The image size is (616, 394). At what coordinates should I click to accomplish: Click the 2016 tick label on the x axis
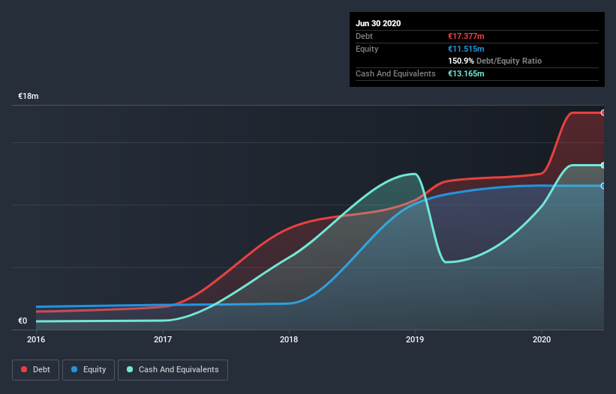click(x=36, y=339)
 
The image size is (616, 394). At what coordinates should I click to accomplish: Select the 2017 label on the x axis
click(x=163, y=339)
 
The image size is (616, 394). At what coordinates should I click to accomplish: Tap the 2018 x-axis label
click(x=289, y=339)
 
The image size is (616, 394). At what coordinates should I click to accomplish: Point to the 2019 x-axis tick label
click(x=415, y=339)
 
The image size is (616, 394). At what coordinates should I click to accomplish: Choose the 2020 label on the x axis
click(x=542, y=339)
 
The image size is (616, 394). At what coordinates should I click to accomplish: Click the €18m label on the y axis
click(x=29, y=97)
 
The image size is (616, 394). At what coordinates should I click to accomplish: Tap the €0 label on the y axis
click(x=23, y=321)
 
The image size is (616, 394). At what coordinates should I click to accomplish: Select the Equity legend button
click(x=89, y=369)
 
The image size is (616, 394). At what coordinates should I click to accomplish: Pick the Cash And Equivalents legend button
click(x=173, y=369)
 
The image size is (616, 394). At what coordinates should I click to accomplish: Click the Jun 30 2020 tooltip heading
click(x=378, y=23)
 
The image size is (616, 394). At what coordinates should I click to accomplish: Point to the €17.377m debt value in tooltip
click(x=466, y=36)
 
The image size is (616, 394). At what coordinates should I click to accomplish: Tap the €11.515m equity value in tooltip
click(x=466, y=49)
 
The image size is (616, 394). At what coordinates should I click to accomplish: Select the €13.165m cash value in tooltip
click(x=466, y=73)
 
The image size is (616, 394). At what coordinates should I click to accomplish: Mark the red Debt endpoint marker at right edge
click(x=603, y=112)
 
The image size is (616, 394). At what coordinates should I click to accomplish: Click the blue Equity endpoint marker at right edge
click(x=603, y=186)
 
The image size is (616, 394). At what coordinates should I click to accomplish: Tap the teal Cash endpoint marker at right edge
click(x=603, y=165)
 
